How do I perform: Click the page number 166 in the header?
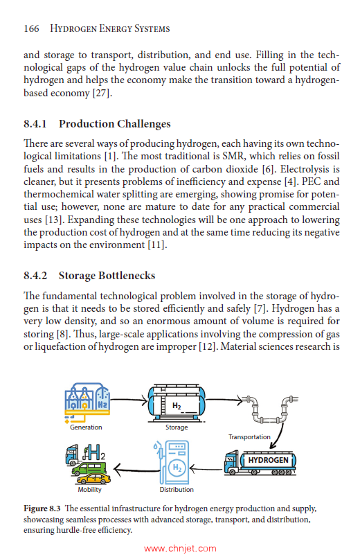coord(30,28)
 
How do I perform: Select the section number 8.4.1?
coord(36,124)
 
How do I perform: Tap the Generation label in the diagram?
coord(86,427)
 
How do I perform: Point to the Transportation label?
coord(249,437)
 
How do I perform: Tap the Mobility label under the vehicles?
coord(89,489)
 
